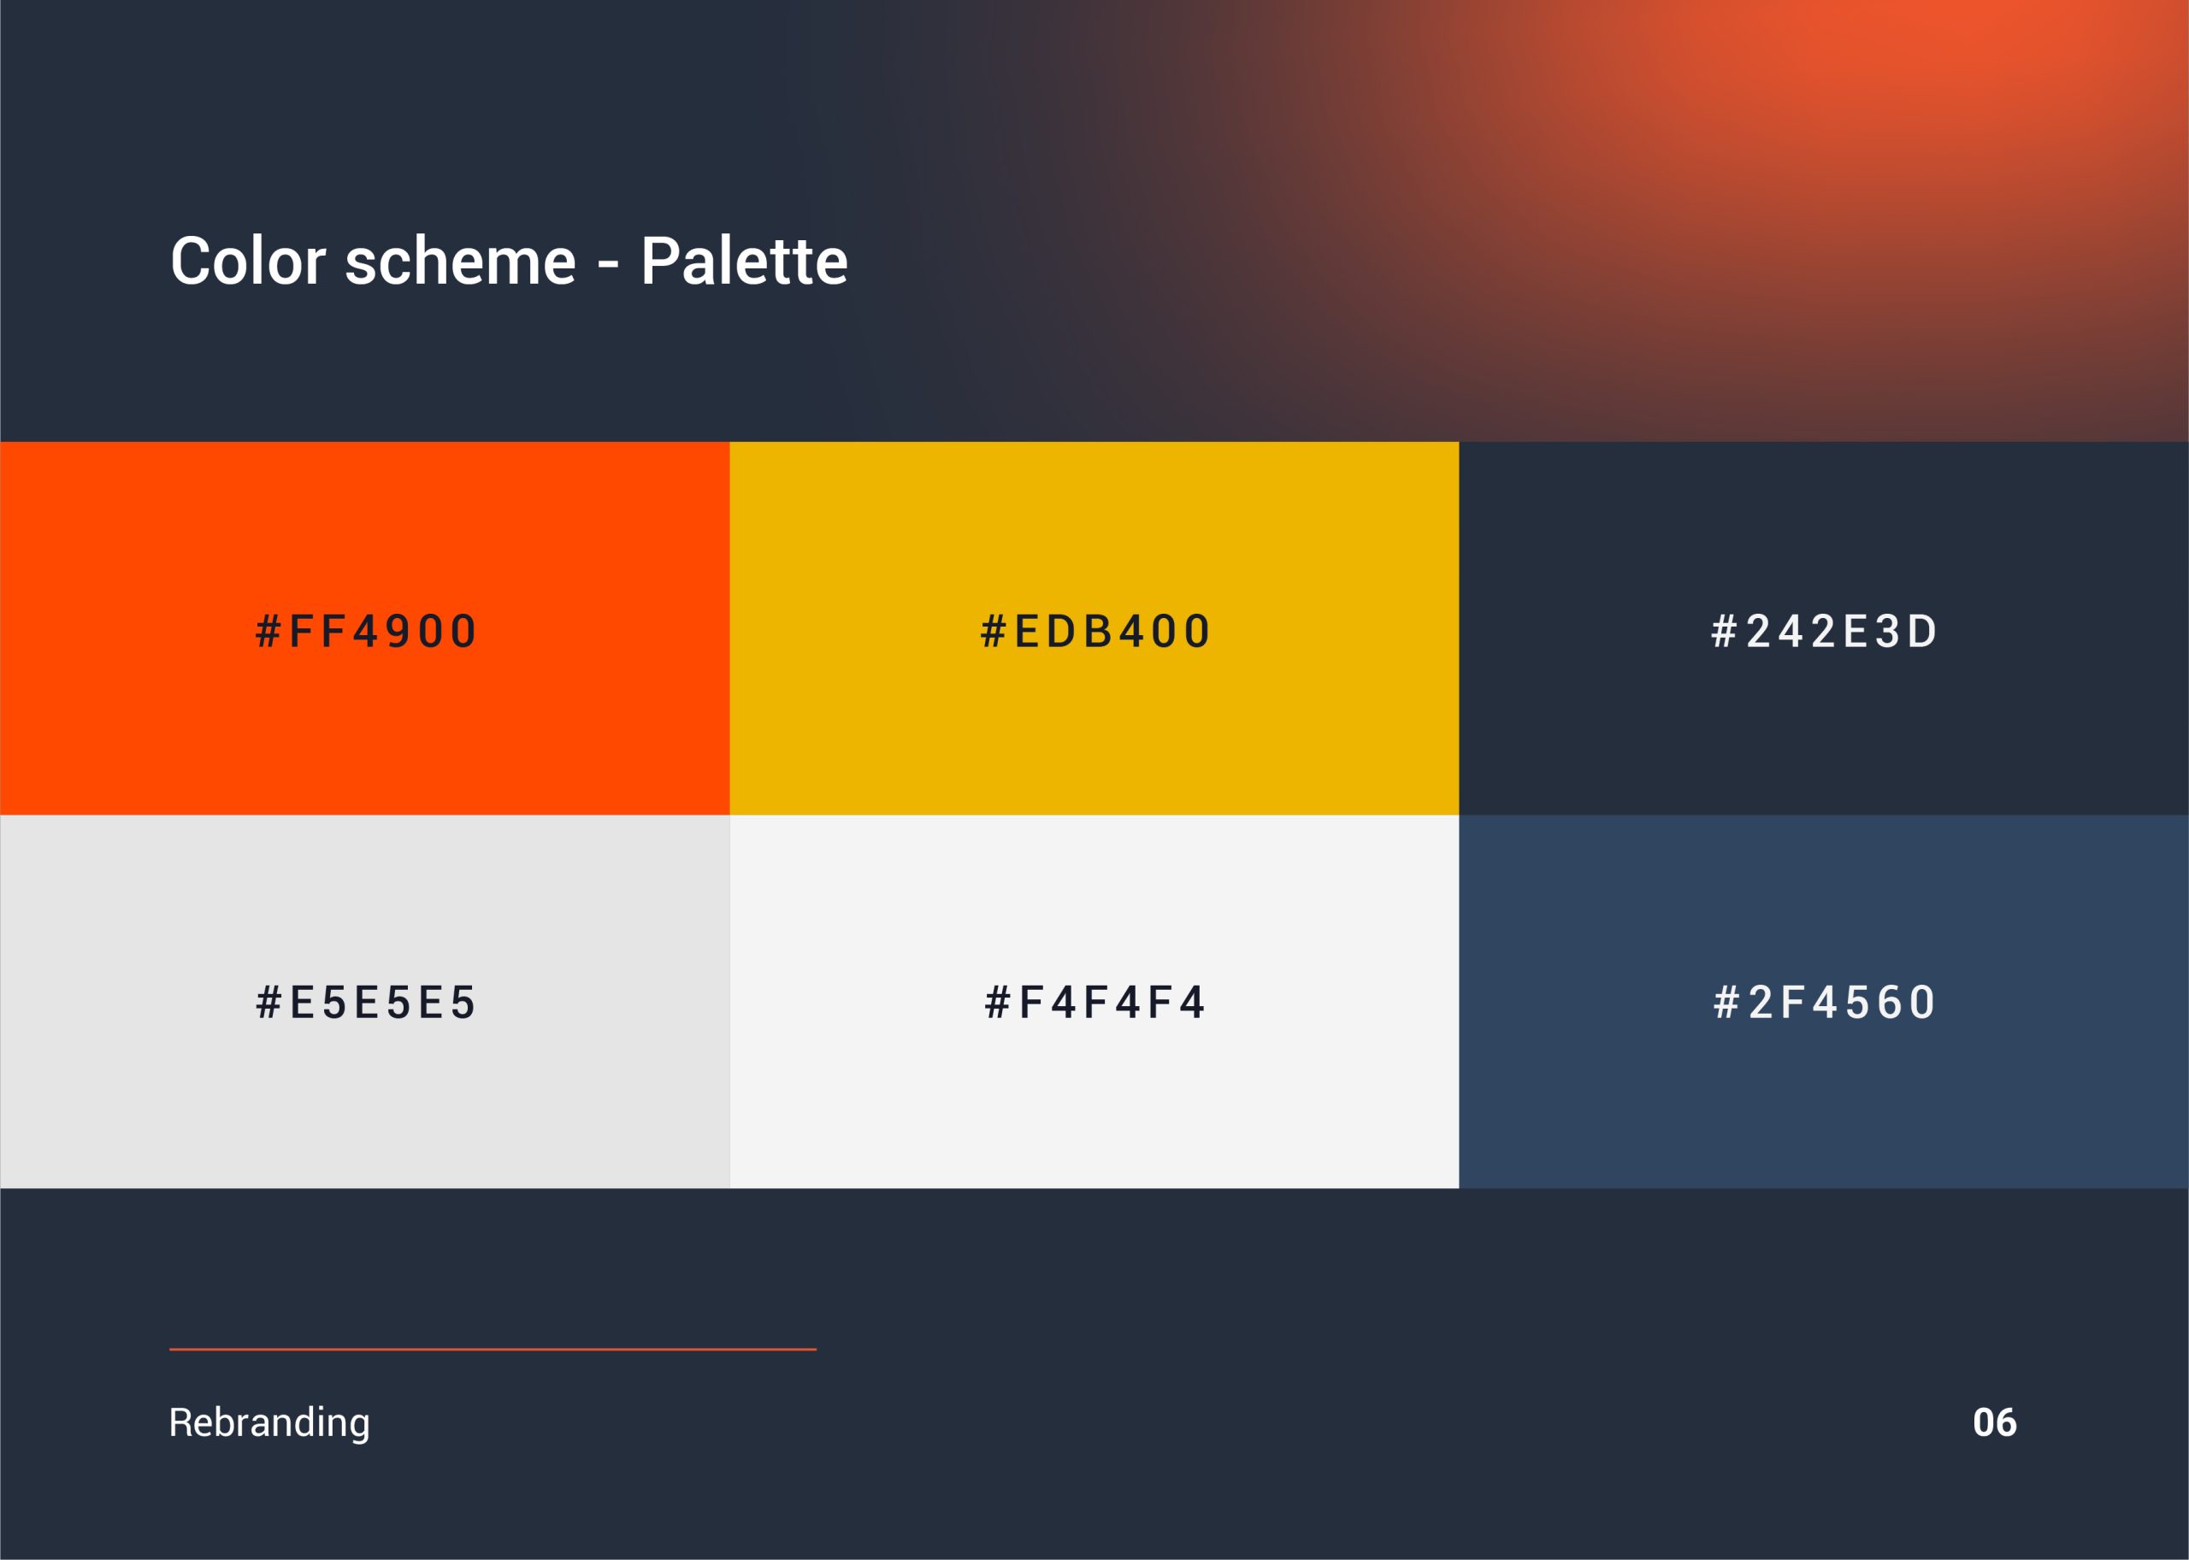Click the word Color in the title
click(x=248, y=261)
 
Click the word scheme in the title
click(x=460, y=261)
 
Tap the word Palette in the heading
click(x=745, y=261)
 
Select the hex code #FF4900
click(x=365, y=631)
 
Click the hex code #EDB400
click(x=1095, y=631)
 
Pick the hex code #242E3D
click(x=1824, y=631)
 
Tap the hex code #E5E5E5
click(x=365, y=1002)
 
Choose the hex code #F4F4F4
click(x=1094, y=1002)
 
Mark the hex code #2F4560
click(x=1824, y=1002)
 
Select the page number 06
click(x=1994, y=1422)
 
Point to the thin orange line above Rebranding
click(x=493, y=1350)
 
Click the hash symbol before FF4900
click(x=268, y=631)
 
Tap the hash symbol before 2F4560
click(x=1726, y=1002)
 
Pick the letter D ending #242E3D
click(x=1922, y=631)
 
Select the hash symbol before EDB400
click(x=994, y=631)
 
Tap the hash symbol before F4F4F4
click(x=997, y=1002)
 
